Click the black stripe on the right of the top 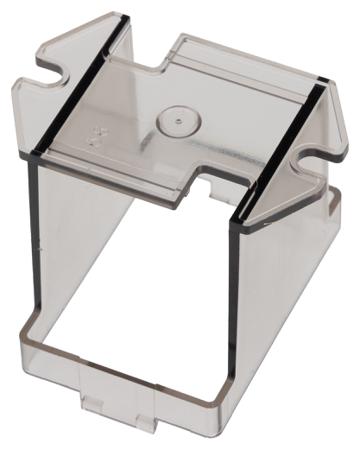(282, 150)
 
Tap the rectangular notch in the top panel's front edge (207, 181)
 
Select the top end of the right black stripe (322, 87)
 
